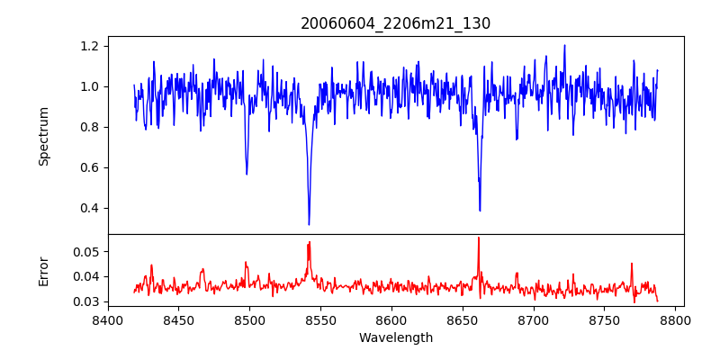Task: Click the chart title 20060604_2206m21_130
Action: (395, 24)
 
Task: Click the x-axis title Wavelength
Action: (395, 338)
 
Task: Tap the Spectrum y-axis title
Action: (44, 136)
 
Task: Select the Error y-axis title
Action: (44, 271)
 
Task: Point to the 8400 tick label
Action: (108, 319)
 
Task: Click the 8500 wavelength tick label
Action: (249, 319)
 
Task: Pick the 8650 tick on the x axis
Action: (463, 319)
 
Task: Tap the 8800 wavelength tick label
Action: (675, 319)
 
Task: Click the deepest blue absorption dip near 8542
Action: (309, 224)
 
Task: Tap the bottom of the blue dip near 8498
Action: (247, 174)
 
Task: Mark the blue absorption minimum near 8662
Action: (480, 211)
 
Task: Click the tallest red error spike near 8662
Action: (479, 238)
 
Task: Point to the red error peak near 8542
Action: (309, 242)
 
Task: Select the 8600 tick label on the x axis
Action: (391, 319)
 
